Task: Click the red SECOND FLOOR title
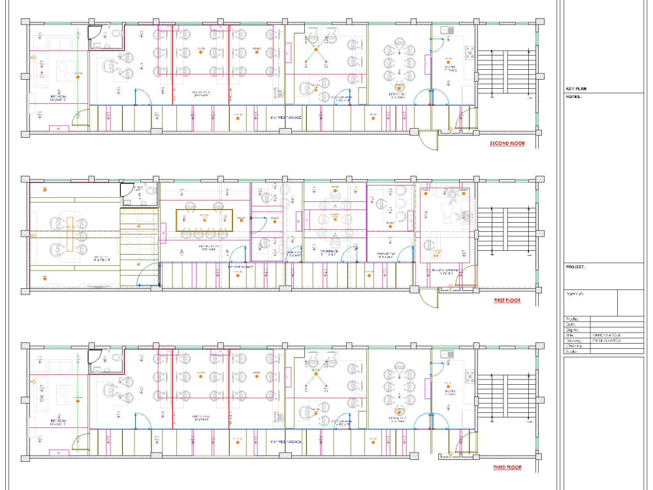pos(507,144)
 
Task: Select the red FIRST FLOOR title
pos(507,301)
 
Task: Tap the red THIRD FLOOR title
pos(507,468)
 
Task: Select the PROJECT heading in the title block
pos(576,267)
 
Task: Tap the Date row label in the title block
pos(570,324)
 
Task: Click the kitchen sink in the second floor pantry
pos(447,29)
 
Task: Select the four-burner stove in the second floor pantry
pos(470,52)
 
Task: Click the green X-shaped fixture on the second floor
pos(318,54)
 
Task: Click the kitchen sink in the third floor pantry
pos(447,354)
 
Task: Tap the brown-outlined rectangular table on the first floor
pos(204,219)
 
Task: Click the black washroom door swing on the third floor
pos(95,357)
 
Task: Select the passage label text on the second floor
pos(285,118)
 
